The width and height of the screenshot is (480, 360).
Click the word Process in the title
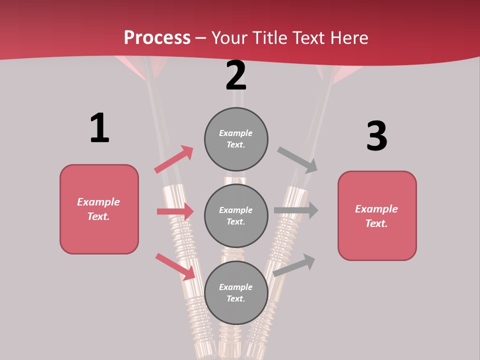pos(157,37)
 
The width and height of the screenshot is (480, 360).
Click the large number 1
pos(99,128)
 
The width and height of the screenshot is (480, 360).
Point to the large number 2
pos(236,75)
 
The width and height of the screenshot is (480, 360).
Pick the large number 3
pos(377,136)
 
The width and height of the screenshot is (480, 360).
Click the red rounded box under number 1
pos(99,209)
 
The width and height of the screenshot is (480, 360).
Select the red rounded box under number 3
pos(377,216)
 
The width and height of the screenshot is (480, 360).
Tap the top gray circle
pos(236,139)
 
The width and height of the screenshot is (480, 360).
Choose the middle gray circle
pos(236,215)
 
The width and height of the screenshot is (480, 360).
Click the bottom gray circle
pos(236,292)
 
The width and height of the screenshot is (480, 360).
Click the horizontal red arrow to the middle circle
pos(175,211)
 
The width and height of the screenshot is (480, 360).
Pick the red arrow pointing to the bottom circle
pos(175,266)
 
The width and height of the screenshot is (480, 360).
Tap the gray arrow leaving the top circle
pos(297,159)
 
